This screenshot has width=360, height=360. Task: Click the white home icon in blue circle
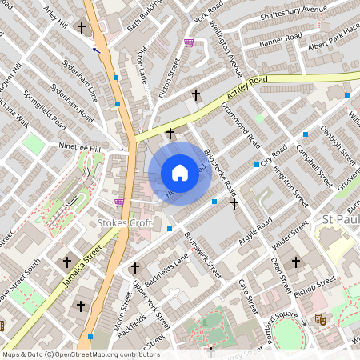(x=180, y=173)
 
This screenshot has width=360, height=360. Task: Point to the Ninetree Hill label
(x=81, y=147)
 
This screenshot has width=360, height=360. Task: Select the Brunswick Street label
(x=202, y=255)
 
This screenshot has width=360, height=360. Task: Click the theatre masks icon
(x=322, y=319)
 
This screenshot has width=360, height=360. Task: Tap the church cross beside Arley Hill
(x=81, y=29)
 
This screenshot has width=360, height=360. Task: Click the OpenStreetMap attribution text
(x=80, y=354)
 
